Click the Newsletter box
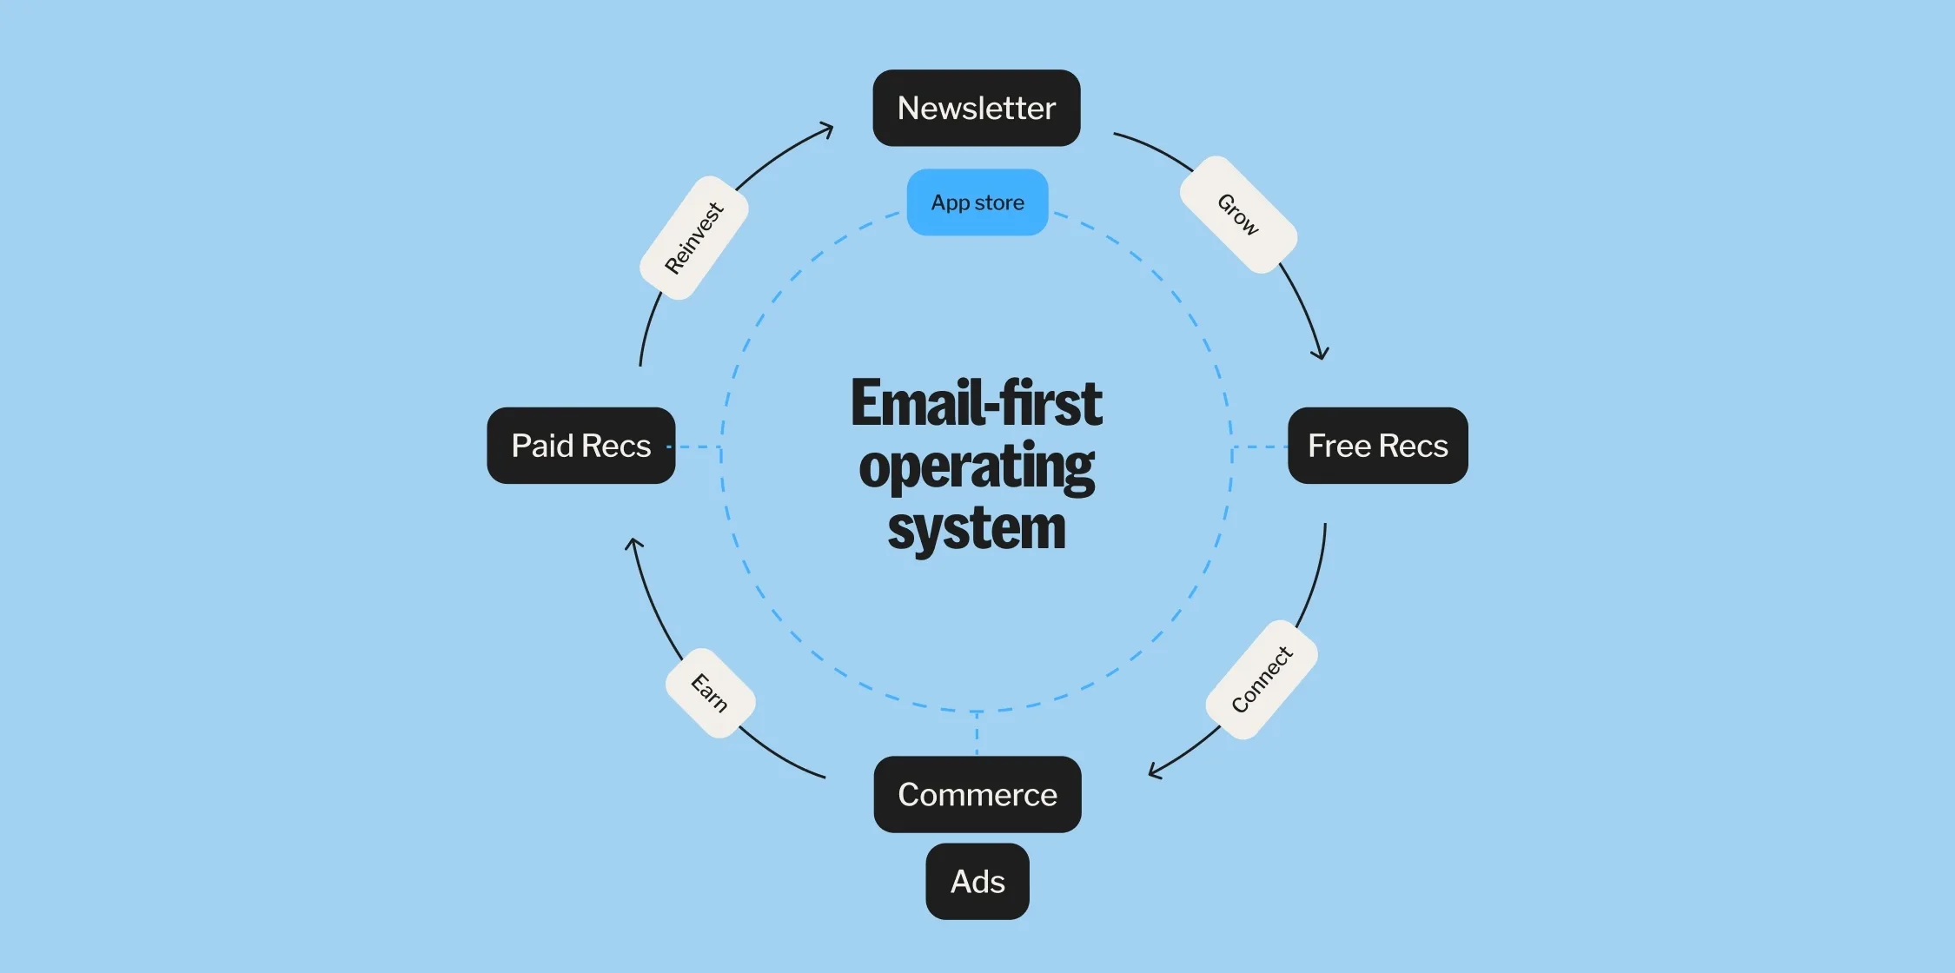click(x=976, y=108)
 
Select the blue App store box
click(x=977, y=202)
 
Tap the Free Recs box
click(x=1377, y=446)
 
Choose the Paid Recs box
click(x=580, y=446)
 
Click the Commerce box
click(x=977, y=794)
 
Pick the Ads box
click(x=977, y=881)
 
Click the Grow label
click(x=1238, y=215)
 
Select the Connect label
click(x=1262, y=679)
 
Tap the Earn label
click(x=710, y=693)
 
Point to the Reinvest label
click(x=693, y=238)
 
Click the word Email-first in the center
click(x=977, y=403)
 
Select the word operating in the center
click(x=977, y=467)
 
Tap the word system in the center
click(x=977, y=529)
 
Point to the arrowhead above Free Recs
click(x=1321, y=353)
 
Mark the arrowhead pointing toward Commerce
click(x=1155, y=771)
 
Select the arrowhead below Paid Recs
click(x=634, y=544)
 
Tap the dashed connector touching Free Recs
click(x=1260, y=447)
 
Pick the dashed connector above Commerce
click(x=977, y=733)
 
